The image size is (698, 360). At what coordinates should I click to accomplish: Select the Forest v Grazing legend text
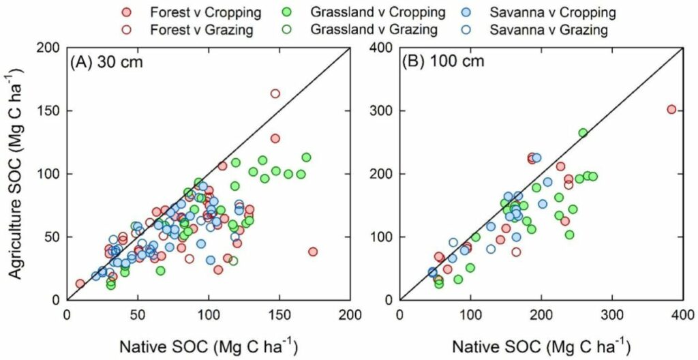[194, 30]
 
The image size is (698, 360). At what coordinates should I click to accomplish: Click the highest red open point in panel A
[275, 93]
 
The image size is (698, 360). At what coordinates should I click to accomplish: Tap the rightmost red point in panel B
[671, 110]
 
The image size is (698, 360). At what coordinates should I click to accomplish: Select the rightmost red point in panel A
[313, 252]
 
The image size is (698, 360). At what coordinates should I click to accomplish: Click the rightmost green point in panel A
[306, 157]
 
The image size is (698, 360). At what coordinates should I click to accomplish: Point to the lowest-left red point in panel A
[80, 284]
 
